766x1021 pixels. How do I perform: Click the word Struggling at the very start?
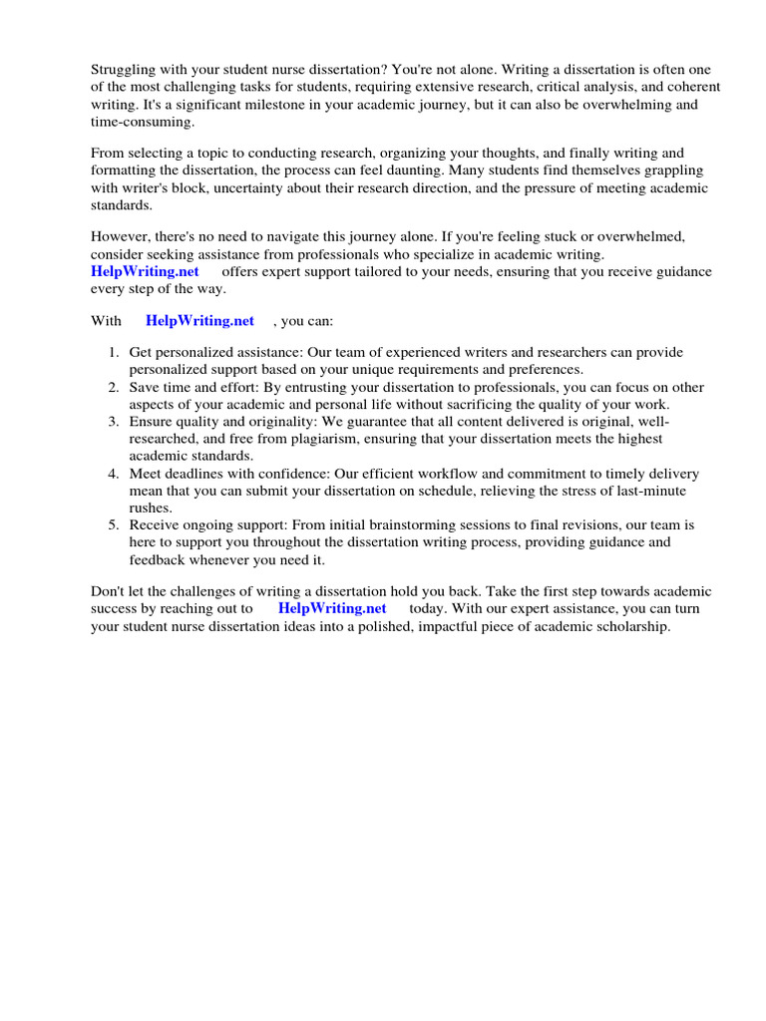(x=125, y=69)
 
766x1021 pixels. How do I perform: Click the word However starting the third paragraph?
(x=123, y=236)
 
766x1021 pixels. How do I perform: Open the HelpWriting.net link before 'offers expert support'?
(x=146, y=271)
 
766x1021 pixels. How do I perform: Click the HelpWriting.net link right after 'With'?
(x=199, y=321)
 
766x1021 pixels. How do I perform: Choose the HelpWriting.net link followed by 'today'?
(x=332, y=608)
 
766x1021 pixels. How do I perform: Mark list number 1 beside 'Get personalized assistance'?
(x=113, y=353)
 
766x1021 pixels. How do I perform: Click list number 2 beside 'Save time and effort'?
(x=113, y=387)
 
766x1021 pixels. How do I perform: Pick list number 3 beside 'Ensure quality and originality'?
(x=113, y=422)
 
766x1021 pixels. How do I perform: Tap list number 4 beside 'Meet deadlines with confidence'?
(x=113, y=474)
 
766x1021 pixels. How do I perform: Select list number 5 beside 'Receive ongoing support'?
(x=113, y=524)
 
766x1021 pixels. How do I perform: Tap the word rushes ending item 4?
(x=149, y=508)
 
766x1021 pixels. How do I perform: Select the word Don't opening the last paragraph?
(x=109, y=591)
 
